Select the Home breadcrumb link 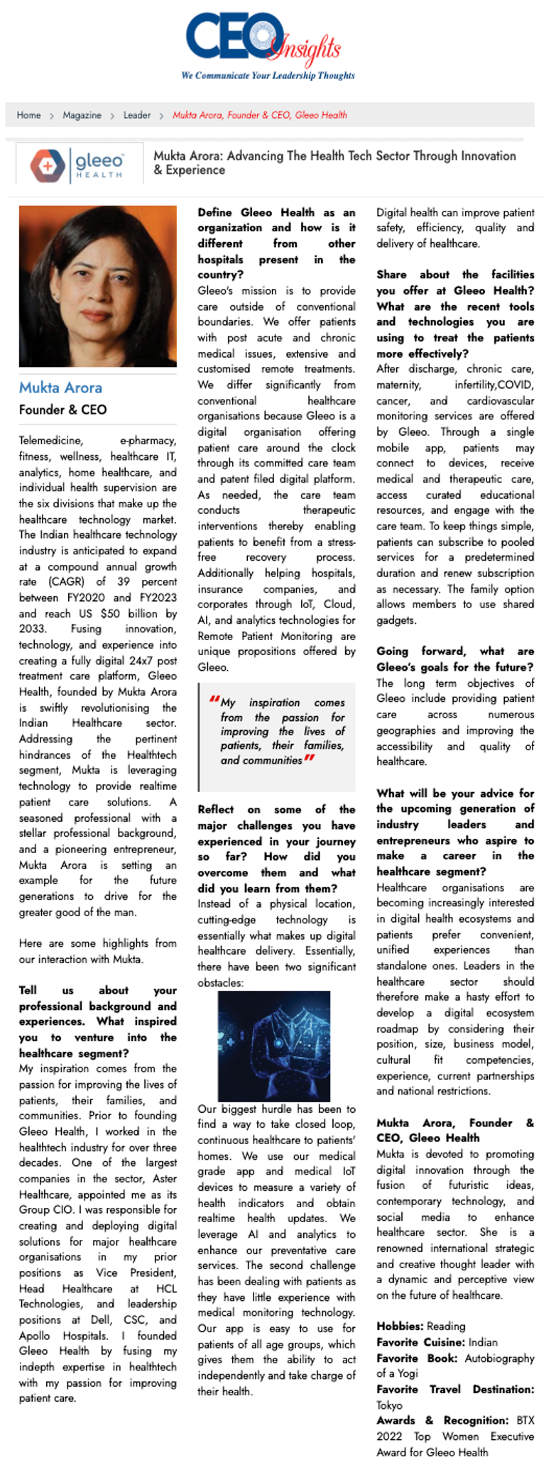click(29, 115)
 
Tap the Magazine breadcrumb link click(82, 115)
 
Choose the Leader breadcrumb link click(137, 115)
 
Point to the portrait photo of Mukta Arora click(98, 286)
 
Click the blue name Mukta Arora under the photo click(60, 388)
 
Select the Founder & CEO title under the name click(62, 410)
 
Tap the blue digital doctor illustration click(274, 1045)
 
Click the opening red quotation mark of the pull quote click(214, 700)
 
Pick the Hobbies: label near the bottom click(400, 1326)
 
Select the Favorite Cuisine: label click(419, 1342)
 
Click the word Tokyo click(389, 1405)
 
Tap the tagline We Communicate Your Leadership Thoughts click(268, 75)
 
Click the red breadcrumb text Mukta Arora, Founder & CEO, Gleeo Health click(260, 115)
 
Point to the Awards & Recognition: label click(442, 1420)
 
